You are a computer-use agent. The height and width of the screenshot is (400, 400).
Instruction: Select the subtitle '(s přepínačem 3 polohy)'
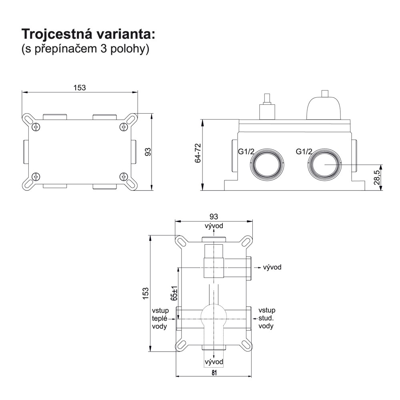click(85, 50)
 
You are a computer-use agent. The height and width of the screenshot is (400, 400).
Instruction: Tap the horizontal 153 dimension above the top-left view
click(80, 88)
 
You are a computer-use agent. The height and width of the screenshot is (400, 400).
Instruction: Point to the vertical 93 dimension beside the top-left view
click(148, 152)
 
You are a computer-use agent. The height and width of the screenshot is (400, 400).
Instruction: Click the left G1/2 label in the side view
click(246, 152)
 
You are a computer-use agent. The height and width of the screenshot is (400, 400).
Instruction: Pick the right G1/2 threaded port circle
click(325, 164)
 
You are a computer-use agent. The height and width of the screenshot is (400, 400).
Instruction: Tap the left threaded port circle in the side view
click(267, 164)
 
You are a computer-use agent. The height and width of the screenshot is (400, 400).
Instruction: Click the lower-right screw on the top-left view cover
click(124, 176)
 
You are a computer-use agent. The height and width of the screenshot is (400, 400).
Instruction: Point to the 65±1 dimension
click(174, 292)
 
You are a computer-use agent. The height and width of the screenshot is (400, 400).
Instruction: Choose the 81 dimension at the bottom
click(214, 373)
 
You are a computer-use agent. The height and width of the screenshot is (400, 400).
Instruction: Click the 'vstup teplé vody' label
click(160, 318)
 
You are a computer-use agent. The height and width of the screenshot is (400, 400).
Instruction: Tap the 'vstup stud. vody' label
click(267, 318)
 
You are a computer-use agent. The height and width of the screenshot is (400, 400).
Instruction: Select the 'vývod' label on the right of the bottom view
click(272, 267)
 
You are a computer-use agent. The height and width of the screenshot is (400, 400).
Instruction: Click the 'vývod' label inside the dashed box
click(214, 362)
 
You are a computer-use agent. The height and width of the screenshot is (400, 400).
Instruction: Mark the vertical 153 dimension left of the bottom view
click(146, 293)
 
